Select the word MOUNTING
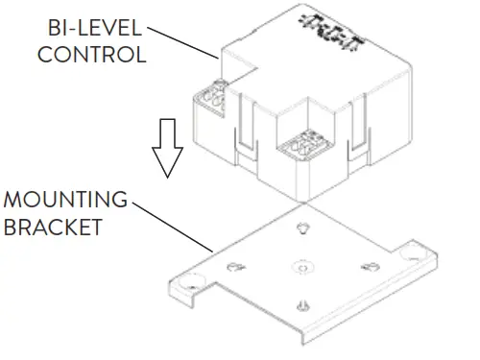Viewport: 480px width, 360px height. (64, 201)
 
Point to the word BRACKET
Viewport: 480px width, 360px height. (57, 229)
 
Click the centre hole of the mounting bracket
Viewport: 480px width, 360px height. (302, 264)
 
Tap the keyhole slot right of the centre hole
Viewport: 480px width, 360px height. (366, 266)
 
